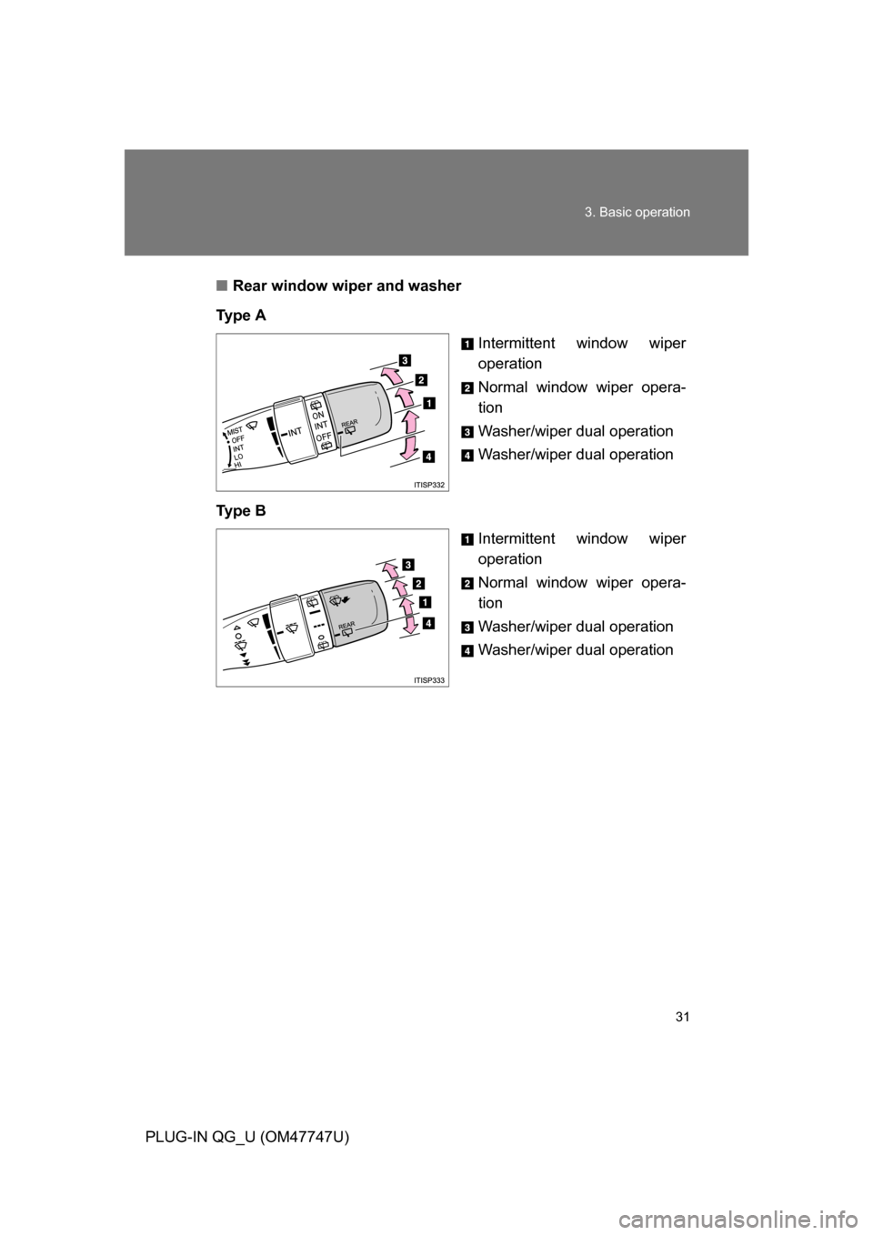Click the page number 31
pyautogui.click(x=683, y=1017)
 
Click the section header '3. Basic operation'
pyautogui.click(x=637, y=212)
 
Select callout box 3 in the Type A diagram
pyautogui.click(x=403, y=356)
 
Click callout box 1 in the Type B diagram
pyautogui.click(x=425, y=602)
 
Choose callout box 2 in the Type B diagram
pyautogui.click(x=418, y=582)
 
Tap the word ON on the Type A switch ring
pyautogui.click(x=318, y=415)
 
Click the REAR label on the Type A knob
pyautogui.click(x=349, y=424)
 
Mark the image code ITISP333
pyautogui.click(x=428, y=680)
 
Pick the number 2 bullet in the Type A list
pyautogui.click(x=466, y=388)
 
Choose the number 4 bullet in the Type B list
pyautogui.click(x=466, y=651)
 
